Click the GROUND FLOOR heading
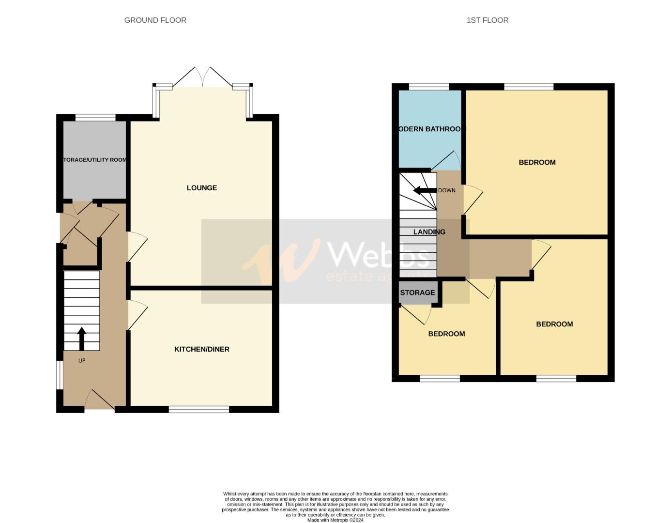point(155,20)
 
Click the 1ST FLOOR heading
point(487,20)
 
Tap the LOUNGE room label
point(201,188)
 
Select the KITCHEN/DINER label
point(201,349)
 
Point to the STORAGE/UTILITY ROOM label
point(94,160)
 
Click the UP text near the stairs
point(82,361)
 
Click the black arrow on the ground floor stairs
point(81,338)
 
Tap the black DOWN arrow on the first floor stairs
point(425,190)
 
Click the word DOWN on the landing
point(446,191)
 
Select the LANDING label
point(429,232)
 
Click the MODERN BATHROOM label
point(430,129)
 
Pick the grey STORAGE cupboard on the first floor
point(417,293)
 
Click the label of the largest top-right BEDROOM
point(537,163)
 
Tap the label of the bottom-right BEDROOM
point(554,324)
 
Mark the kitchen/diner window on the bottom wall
point(199,410)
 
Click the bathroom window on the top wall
point(429,87)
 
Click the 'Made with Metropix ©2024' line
point(335,520)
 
